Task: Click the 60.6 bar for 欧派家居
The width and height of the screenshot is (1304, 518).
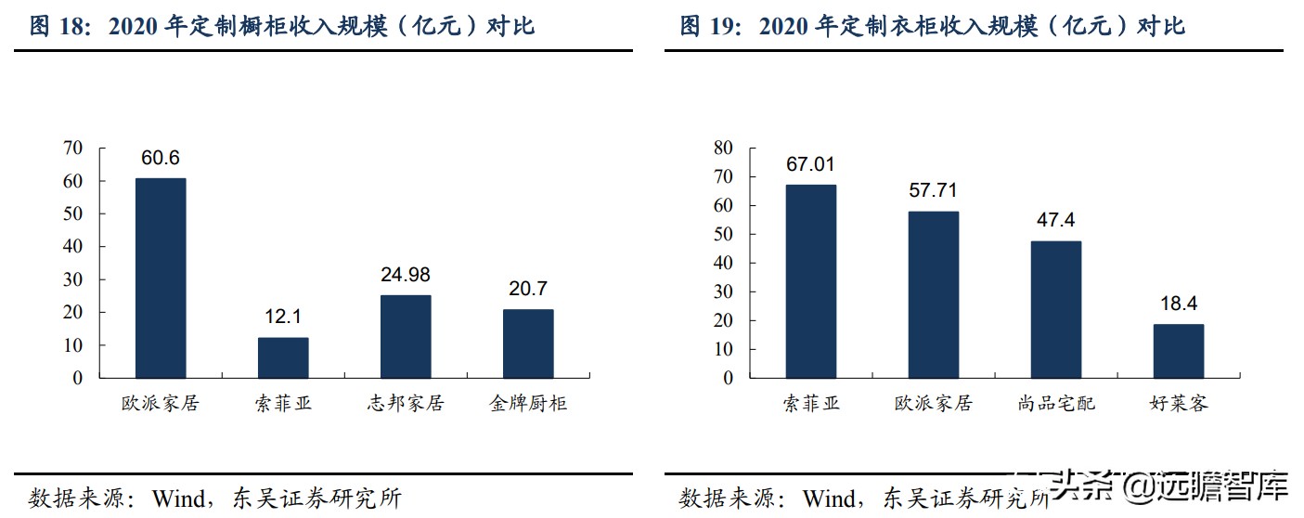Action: [x=161, y=278]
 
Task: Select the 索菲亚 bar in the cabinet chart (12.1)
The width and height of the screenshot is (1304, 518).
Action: [x=283, y=357]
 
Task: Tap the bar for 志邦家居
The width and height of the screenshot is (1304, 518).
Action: [x=406, y=336]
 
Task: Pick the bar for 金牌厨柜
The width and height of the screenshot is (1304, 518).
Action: [x=528, y=343]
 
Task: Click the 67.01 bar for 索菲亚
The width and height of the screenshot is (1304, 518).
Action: [x=810, y=281]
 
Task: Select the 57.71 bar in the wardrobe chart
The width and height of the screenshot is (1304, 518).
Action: [x=933, y=294]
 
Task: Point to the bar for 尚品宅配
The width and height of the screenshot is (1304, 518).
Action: [x=1056, y=309]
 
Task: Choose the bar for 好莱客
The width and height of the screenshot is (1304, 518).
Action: [x=1179, y=351]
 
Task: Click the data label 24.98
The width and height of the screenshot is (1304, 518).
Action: [x=406, y=275]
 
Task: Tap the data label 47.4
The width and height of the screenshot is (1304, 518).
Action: [x=1056, y=221]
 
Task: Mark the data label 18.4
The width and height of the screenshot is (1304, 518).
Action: [x=1179, y=304]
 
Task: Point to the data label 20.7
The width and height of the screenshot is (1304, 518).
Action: [x=528, y=289]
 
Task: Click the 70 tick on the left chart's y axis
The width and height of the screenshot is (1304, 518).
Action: [x=72, y=148]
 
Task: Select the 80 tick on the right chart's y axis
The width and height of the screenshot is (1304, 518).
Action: [x=723, y=147]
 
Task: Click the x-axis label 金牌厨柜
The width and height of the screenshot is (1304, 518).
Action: [x=528, y=404]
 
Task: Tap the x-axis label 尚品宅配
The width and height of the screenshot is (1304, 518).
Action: [x=1056, y=404]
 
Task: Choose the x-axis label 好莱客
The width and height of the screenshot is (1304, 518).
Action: [x=1179, y=404]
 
